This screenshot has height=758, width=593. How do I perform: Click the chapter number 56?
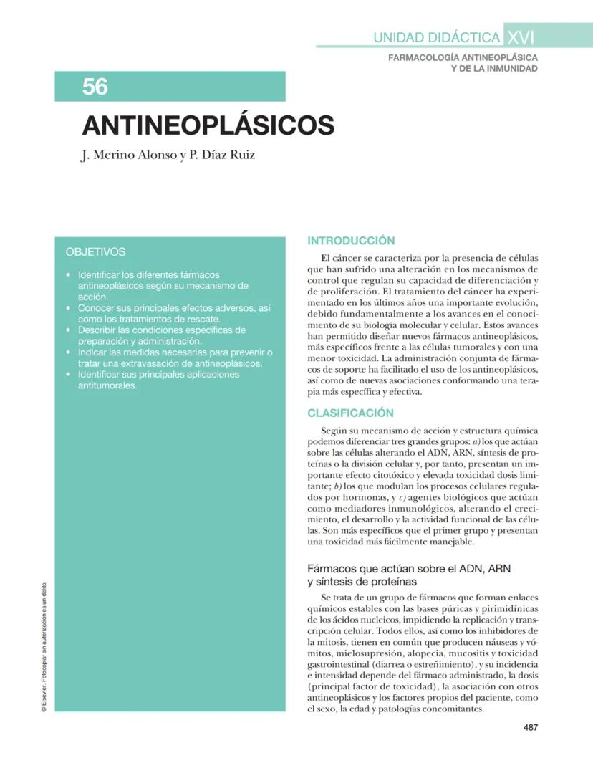(95, 87)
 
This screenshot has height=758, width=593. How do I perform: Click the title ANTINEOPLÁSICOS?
(208, 125)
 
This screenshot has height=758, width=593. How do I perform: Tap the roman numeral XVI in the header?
(519, 37)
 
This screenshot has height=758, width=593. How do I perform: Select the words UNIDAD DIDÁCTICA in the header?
(436, 38)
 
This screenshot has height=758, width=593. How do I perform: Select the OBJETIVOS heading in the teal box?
(95, 252)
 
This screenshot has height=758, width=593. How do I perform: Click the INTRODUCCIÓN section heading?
(351, 241)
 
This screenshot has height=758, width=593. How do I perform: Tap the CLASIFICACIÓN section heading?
(350, 413)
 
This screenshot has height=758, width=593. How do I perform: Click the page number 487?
(530, 727)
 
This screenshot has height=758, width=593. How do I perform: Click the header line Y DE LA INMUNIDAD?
(493, 68)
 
